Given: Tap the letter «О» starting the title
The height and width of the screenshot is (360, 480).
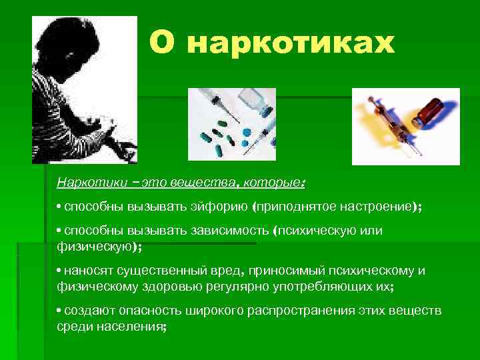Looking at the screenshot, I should (x=163, y=43).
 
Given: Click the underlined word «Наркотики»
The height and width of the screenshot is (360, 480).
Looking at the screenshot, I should (x=83, y=181).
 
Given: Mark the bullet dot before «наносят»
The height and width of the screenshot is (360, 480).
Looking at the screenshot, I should (x=59, y=271).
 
